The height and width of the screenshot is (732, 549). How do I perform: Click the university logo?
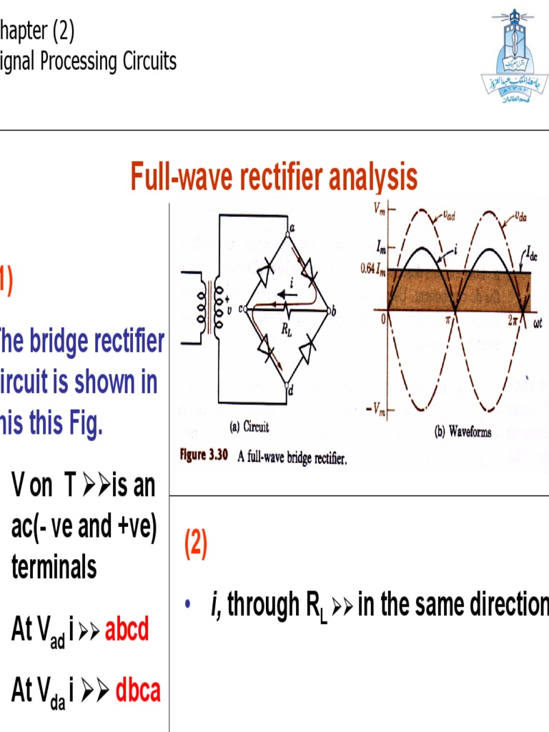pyautogui.click(x=513, y=56)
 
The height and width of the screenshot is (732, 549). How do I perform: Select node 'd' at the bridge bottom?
pyautogui.click(x=289, y=390)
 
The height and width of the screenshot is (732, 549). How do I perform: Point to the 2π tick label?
pyautogui.click(x=512, y=322)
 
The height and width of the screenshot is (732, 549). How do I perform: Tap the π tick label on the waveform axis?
pyautogui.click(x=451, y=323)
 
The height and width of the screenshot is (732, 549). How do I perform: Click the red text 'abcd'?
pyautogui.click(x=127, y=630)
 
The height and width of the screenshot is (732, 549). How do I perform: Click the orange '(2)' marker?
pyautogui.click(x=196, y=545)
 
